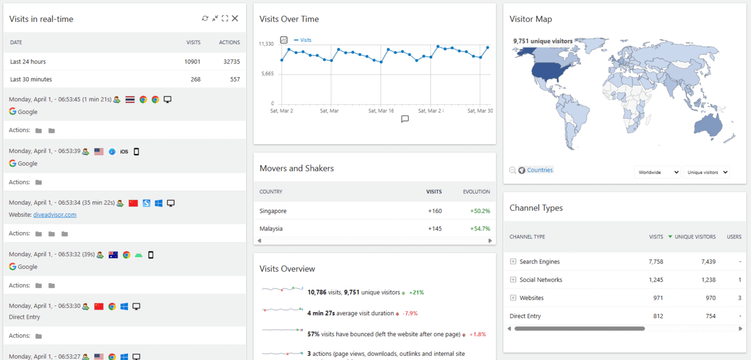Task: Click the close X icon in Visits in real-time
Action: tap(235, 19)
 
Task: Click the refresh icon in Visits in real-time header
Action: tap(205, 19)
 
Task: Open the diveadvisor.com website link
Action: tap(55, 215)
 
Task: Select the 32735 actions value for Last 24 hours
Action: tap(232, 62)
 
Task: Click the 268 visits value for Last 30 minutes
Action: tap(195, 79)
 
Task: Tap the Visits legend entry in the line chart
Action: tap(305, 40)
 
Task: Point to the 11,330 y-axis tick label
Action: tap(266, 44)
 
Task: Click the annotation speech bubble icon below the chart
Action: tap(405, 119)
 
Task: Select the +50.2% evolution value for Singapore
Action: tap(480, 211)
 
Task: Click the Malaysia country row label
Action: tap(271, 229)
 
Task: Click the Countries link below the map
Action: tap(539, 170)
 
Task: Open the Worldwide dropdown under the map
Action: tap(657, 172)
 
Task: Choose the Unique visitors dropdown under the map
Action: tap(706, 172)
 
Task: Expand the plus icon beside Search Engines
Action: tap(513, 262)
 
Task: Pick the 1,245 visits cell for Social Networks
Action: tap(656, 280)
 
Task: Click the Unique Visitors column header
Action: tap(695, 237)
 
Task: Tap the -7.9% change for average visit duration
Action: tap(410, 313)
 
